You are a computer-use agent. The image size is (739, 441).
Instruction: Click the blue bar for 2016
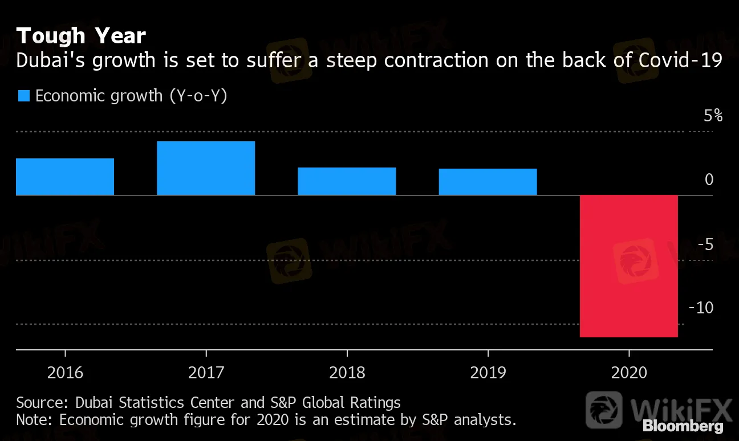(65, 177)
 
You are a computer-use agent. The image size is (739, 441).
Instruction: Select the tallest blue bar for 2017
(206, 168)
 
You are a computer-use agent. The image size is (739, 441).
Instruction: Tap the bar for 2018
(347, 181)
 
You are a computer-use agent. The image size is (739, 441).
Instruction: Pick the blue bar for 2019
(488, 182)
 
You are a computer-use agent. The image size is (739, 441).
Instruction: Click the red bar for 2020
(628, 266)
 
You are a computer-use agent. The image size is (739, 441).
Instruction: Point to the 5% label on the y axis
(713, 116)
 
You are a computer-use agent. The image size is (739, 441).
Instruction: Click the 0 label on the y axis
(709, 180)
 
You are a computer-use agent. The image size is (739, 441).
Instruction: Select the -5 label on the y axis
(705, 245)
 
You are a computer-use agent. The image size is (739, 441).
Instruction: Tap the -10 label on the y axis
(701, 308)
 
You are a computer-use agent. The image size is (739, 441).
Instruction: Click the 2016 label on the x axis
(65, 373)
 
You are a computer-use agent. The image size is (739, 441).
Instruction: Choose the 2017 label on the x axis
(206, 373)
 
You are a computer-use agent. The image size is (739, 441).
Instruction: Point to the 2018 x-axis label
(347, 373)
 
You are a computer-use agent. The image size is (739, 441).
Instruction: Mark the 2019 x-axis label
(488, 373)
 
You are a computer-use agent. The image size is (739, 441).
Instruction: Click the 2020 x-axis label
(628, 373)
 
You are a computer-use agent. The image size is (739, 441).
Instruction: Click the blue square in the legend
(23, 96)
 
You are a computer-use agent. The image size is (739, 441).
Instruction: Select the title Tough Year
(81, 36)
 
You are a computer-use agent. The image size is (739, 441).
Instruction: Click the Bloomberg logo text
(683, 426)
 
